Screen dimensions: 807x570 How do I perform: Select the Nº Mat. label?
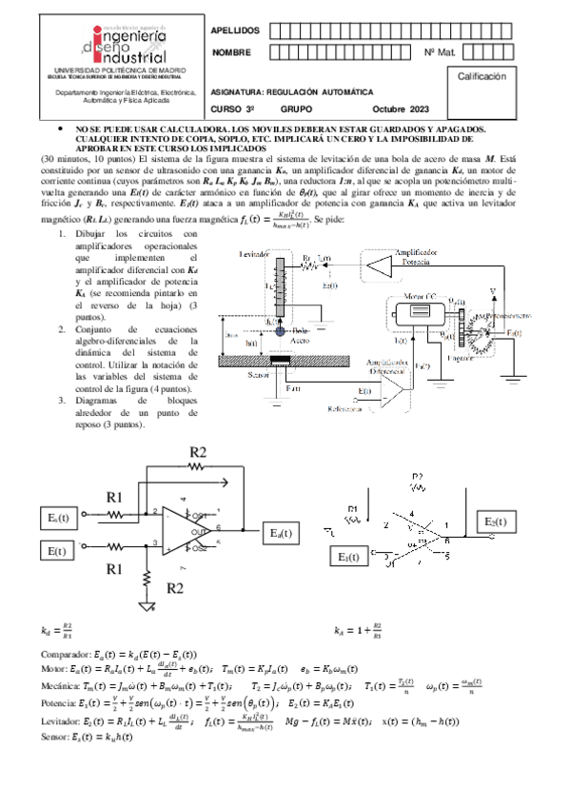tap(439, 52)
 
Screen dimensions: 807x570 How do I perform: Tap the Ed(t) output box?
tap(282, 533)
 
